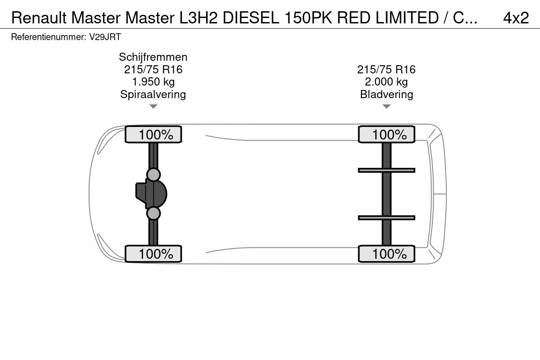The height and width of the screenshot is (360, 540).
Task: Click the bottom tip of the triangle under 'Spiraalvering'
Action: point(153,108)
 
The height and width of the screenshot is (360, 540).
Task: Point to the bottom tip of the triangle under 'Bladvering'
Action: point(387,108)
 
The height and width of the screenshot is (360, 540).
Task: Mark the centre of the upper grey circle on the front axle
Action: point(153,175)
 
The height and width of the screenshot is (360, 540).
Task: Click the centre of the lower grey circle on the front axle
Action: point(153,213)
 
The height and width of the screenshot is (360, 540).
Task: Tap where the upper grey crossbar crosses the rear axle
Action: point(387,171)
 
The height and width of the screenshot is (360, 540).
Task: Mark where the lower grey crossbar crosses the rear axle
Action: point(387,218)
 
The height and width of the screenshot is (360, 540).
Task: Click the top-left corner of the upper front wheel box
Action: point(125,126)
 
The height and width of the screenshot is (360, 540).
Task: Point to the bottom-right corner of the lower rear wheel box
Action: point(415,262)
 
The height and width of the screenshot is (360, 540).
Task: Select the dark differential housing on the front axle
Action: point(151,194)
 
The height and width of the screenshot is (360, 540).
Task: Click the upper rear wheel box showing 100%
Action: point(387,134)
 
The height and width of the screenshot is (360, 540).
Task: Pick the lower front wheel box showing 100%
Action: point(153,254)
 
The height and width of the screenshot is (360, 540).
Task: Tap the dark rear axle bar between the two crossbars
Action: point(387,194)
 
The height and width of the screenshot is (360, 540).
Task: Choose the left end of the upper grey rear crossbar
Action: point(358,171)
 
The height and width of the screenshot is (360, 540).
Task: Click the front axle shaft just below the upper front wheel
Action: point(153,154)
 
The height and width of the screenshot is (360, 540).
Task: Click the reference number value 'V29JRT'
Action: point(105,37)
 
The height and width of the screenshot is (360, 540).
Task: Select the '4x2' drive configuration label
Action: point(516,18)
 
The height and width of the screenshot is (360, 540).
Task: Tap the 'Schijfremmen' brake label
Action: point(153,57)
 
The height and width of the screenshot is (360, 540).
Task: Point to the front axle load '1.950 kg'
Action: point(153,82)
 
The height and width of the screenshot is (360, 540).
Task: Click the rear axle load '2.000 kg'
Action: point(386,82)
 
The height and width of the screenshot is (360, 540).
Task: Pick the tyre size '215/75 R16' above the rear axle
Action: point(386,69)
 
